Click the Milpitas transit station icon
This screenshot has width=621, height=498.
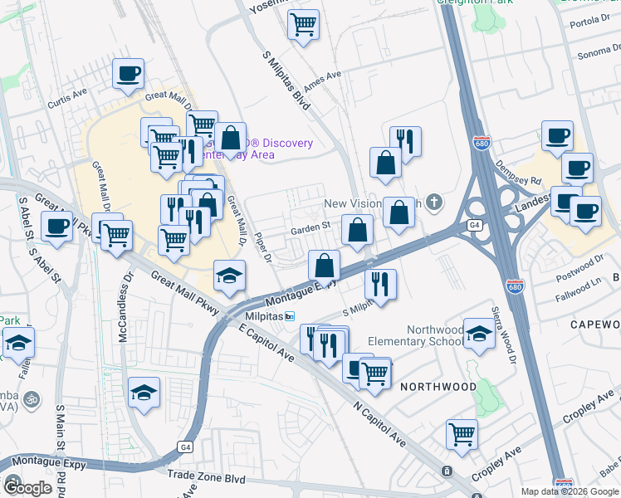290,317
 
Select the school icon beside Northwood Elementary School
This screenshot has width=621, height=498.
479,333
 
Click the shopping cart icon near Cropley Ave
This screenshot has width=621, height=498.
462,433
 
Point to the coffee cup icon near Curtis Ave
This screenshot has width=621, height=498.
129,73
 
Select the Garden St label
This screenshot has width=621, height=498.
310,224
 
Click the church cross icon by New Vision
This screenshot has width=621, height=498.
433,203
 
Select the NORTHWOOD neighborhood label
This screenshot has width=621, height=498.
438,387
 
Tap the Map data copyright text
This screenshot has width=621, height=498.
569,491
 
